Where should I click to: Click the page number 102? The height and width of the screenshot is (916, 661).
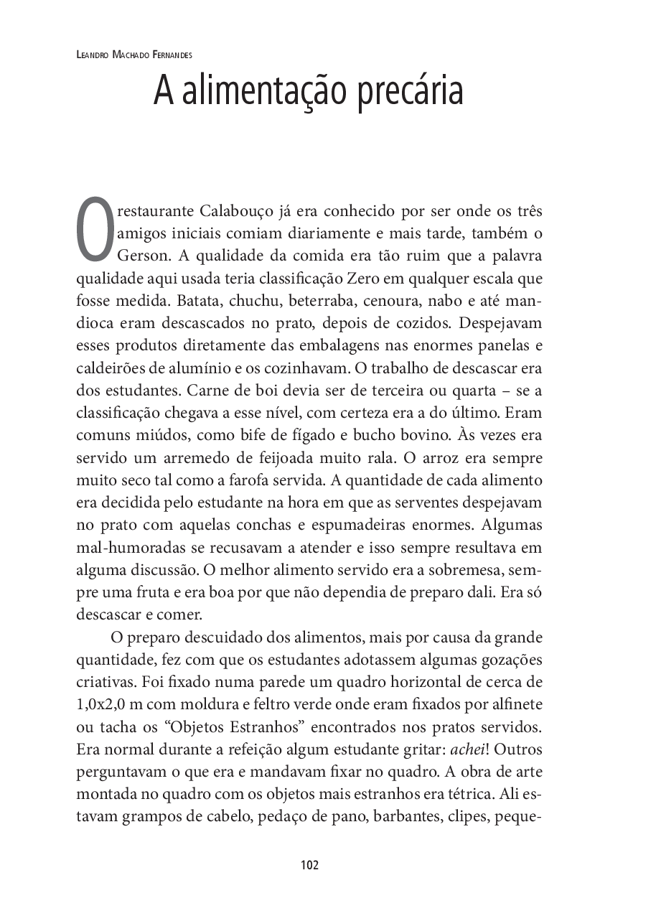click(309, 864)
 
